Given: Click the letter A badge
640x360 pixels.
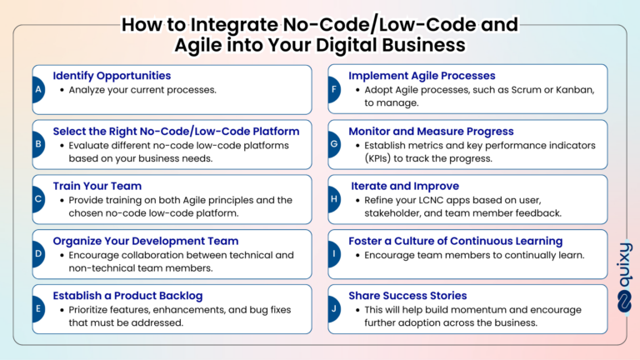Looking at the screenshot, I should tap(37, 89).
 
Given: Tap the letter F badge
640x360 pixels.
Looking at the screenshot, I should tap(332, 89).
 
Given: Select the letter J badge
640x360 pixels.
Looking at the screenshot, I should tap(332, 309).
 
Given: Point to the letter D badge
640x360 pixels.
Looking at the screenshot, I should tap(37, 254).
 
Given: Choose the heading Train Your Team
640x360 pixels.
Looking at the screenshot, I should tap(97, 186).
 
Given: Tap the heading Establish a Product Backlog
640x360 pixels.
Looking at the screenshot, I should tap(127, 295).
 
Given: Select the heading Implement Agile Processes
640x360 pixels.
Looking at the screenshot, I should tap(422, 76).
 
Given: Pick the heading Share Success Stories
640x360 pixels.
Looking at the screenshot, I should tap(407, 295).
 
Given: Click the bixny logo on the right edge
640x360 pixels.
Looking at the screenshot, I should tap(624, 278).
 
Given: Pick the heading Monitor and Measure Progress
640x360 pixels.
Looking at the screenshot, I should tap(431, 131).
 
